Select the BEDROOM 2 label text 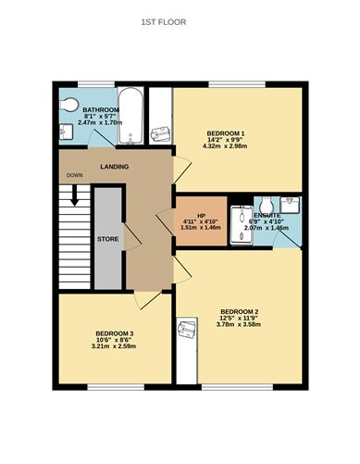[x=239, y=310]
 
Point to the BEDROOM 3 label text [x=115, y=333]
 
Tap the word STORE [x=108, y=239]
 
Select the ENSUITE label [x=267, y=214]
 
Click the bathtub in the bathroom [x=130, y=119]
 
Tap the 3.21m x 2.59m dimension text [x=115, y=346]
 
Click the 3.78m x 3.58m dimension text [x=239, y=324]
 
